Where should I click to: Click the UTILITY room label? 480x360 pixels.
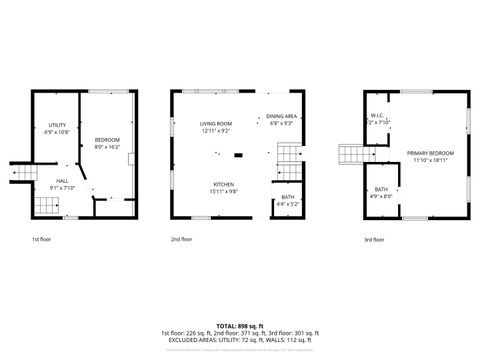57,124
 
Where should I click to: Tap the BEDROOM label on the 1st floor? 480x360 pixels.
107,139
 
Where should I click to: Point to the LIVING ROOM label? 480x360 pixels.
215,123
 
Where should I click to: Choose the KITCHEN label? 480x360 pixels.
224,184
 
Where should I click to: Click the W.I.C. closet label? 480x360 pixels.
378,115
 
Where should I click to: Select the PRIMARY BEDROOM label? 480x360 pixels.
430,152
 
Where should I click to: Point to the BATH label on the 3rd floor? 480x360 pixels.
381,189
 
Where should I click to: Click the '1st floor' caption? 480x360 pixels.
42,240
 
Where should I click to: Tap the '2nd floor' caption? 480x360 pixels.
181,240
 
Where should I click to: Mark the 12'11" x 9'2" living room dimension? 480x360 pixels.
215,131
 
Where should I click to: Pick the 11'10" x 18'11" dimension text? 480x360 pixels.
430,160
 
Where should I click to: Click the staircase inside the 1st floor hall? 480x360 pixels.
45,207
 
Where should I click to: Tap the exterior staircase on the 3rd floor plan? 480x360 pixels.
351,154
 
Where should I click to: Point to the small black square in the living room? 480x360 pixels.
237,155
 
